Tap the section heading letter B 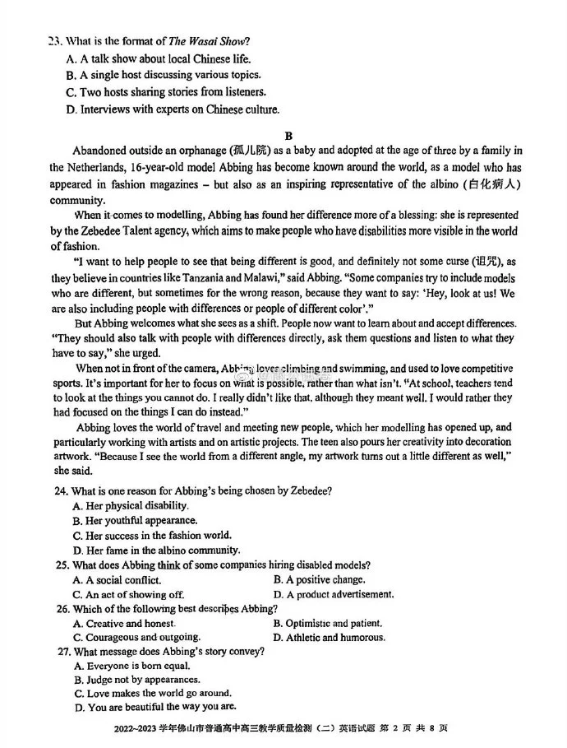[289, 135]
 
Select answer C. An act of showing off [129, 593]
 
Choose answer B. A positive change [320, 579]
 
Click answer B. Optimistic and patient [328, 623]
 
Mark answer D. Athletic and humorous [330, 637]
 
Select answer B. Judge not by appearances [137, 679]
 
